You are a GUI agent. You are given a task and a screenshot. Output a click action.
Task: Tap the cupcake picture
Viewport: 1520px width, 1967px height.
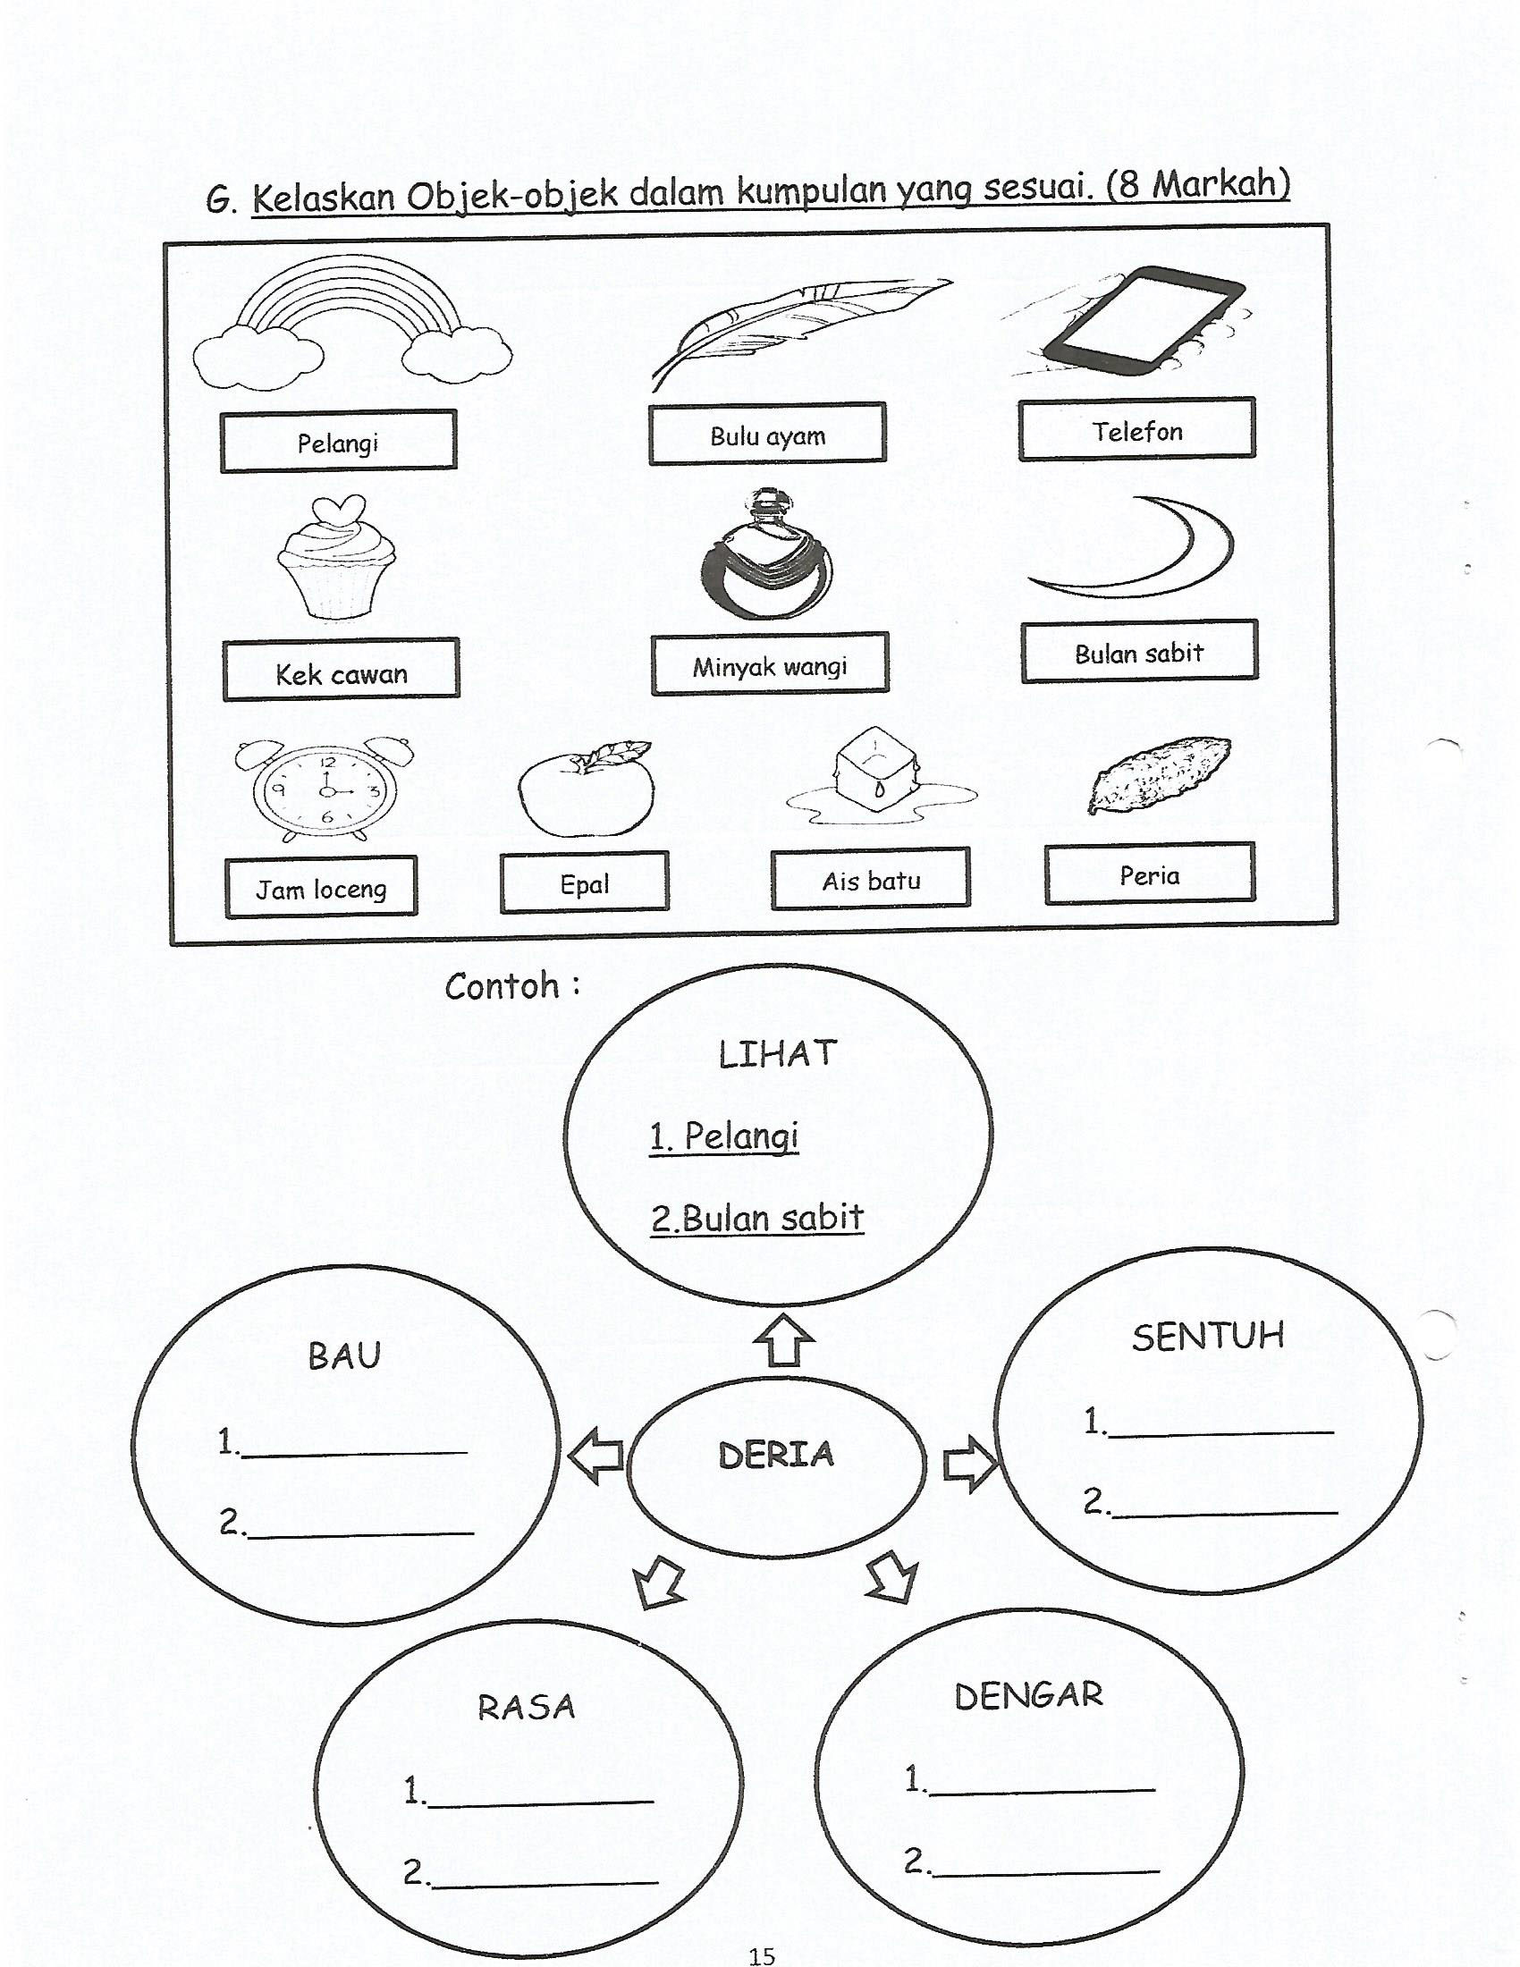tap(337, 558)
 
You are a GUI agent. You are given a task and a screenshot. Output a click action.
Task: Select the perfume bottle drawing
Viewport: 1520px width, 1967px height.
tap(766, 554)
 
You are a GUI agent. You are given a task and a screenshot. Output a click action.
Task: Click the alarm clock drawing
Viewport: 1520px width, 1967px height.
tap(325, 789)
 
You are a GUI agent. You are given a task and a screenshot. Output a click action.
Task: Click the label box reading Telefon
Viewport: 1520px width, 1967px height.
tap(1136, 429)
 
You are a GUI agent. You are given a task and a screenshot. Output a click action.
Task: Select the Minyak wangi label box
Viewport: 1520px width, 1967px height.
tap(770, 664)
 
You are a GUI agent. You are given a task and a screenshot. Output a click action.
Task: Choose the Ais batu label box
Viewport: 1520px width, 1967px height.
tap(871, 879)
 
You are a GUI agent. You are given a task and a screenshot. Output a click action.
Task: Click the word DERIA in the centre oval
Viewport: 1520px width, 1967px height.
tap(776, 1455)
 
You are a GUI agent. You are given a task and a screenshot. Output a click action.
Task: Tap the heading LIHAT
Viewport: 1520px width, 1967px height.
tap(778, 1054)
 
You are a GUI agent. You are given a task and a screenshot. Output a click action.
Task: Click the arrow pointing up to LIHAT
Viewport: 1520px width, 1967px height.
tap(783, 1341)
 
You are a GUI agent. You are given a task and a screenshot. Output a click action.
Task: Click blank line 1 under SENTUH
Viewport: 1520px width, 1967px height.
tap(1221, 1431)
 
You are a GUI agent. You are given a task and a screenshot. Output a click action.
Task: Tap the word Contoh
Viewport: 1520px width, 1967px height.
tap(502, 987)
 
